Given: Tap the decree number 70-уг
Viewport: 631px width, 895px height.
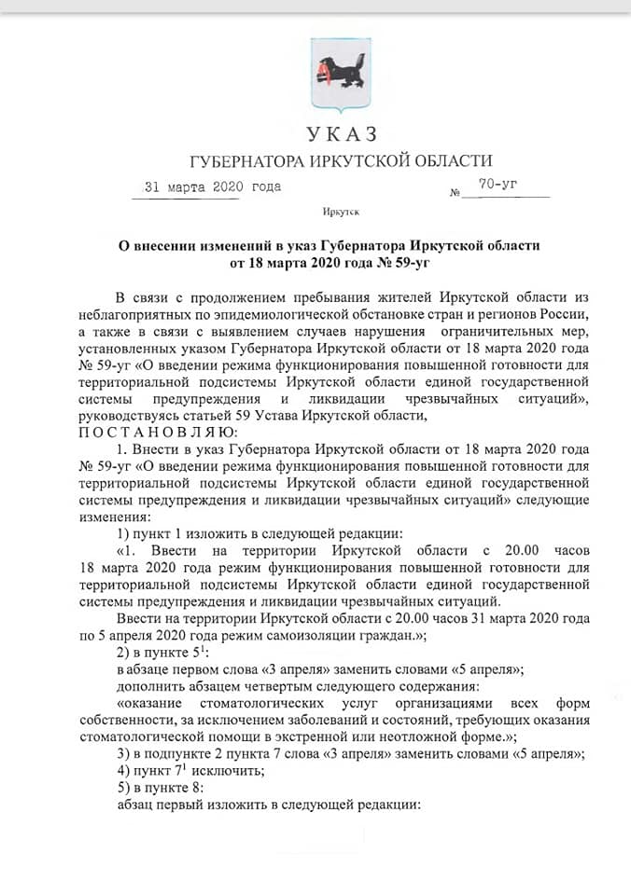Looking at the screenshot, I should pyautogui.click(x=498, y=185).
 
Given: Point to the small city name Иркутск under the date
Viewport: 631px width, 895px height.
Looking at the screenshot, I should pyautogui.click(x=340, y=213).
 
